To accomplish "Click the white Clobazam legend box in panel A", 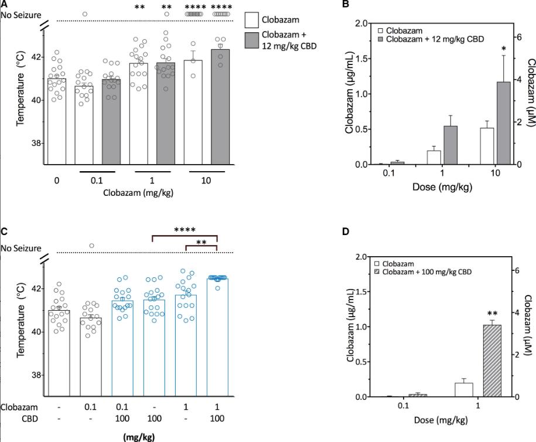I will coord(252,19).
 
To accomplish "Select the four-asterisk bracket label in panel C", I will coord(185,230).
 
